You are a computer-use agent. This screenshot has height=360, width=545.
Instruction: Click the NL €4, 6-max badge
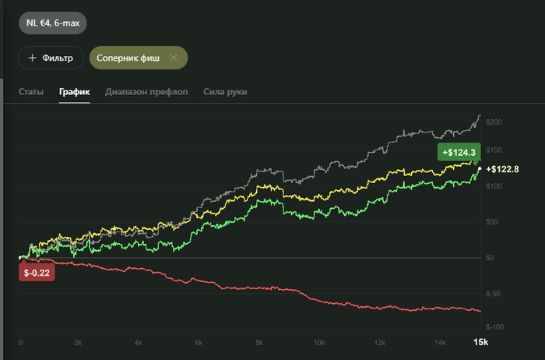point(53,23)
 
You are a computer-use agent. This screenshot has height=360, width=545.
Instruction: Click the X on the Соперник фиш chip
point(174,58)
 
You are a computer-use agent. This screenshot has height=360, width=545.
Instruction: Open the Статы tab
point(31,92)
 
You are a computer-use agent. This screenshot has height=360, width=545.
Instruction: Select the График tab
point(75,92)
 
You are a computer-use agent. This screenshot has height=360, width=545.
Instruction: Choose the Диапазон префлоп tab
point(146,92)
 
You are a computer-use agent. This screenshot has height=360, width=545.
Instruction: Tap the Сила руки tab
point(225,92)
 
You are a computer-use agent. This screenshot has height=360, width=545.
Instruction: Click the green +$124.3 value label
point(459,152)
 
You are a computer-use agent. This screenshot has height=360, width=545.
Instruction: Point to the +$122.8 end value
point(502,169)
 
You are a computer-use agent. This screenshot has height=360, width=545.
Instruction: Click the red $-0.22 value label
point(37,273)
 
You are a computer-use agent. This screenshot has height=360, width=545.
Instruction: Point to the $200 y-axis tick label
point(494,122)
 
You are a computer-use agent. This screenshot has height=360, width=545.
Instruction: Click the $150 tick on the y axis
point(494,150)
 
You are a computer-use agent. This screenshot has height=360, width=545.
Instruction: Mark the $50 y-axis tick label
point(492,222)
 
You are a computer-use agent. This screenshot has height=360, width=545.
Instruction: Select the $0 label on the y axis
point(490,258)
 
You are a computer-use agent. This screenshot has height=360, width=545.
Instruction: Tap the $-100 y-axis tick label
point(495,327)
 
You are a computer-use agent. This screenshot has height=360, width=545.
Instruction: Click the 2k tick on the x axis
point(78,343)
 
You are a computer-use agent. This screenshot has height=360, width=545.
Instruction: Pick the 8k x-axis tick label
point(259,343)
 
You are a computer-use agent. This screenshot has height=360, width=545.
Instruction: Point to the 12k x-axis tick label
point(380,343)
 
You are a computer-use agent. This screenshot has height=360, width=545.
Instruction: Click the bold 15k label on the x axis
point(480,342)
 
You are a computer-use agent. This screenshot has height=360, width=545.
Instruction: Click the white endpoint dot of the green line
point(480,168)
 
